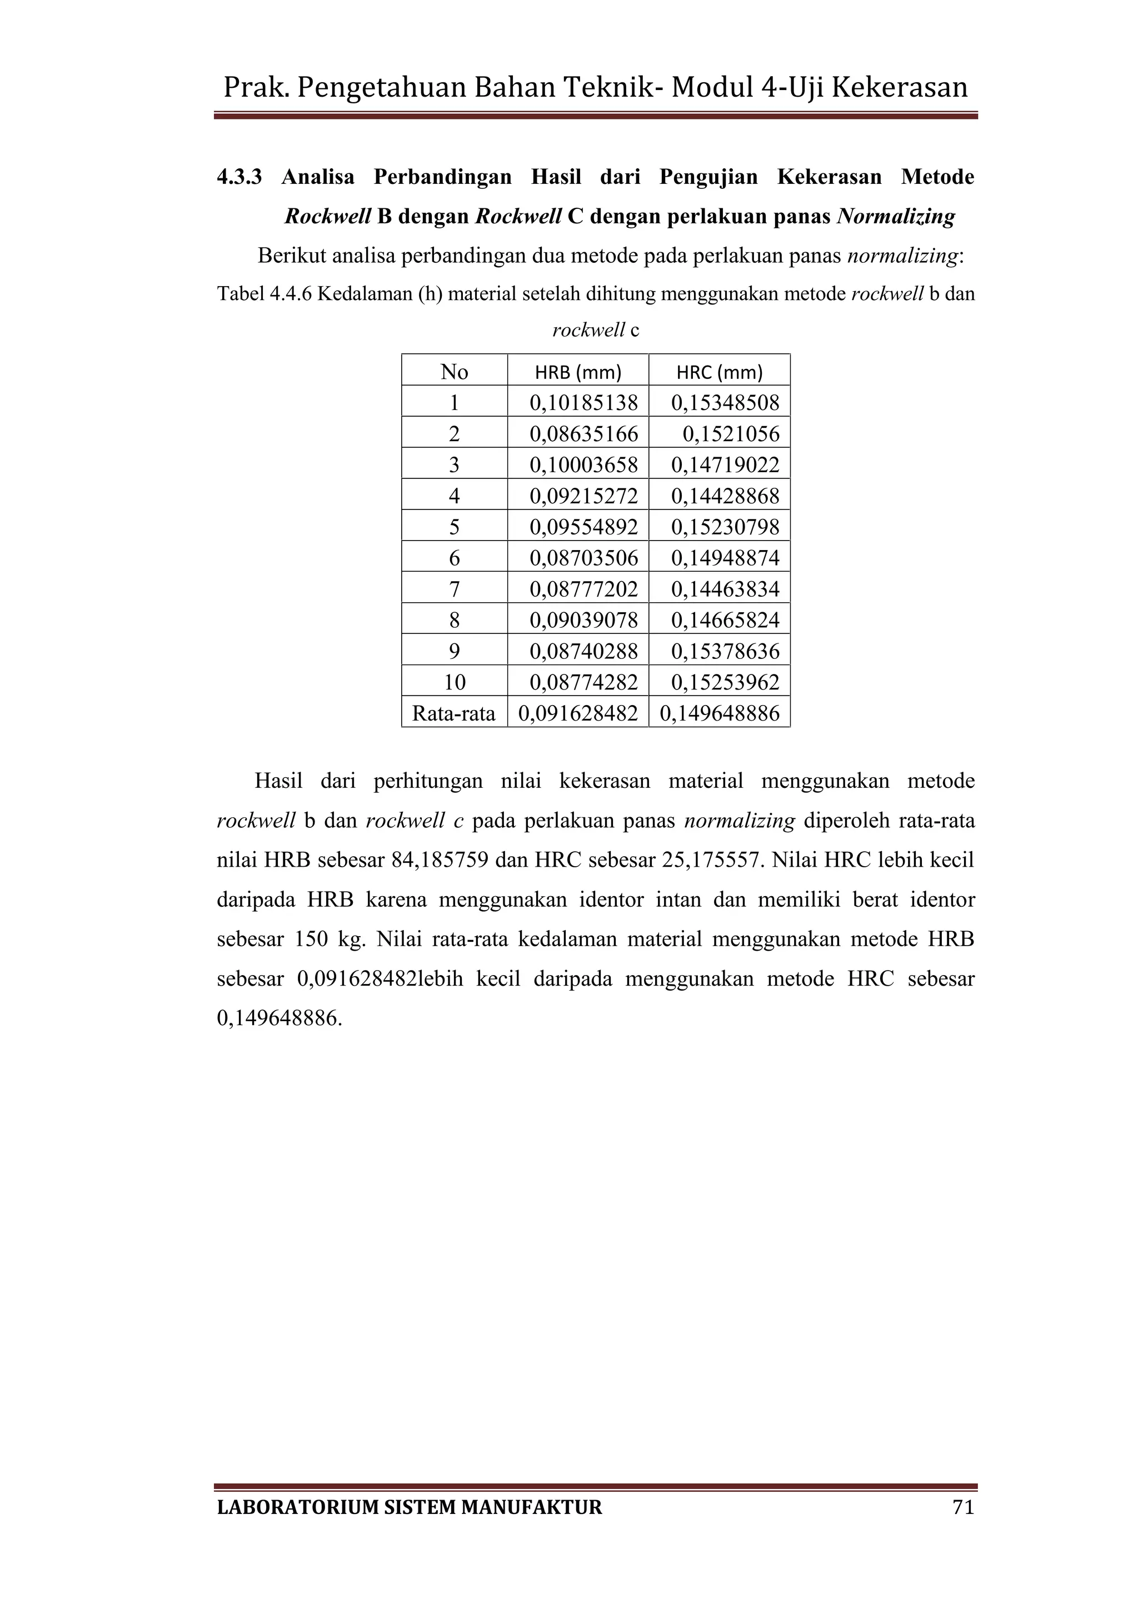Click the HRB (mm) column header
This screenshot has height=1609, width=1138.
tap(578, 372)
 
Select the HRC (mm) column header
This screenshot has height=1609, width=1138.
tap(719, 372)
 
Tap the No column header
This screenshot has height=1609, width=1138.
tap(454, 372)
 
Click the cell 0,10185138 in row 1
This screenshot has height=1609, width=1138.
tap(583, 403)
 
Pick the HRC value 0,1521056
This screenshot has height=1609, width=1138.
tap(731, 434)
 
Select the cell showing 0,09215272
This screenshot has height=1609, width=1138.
tap(583, 496)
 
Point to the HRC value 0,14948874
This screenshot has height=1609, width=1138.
tap(725, 558)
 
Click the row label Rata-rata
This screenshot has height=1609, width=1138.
tap(453, 713)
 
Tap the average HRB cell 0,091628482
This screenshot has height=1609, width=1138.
tap(578, 713)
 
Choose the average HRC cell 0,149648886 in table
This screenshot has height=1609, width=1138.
tap(720, 713)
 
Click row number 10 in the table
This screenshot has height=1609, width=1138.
tap(454, 682)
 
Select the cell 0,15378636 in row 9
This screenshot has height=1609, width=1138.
tap(725, 651)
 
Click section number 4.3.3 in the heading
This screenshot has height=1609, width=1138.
tap(239, 177)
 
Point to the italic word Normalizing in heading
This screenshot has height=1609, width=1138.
tap(896, 217)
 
